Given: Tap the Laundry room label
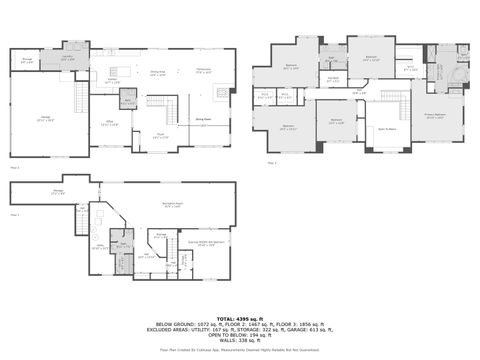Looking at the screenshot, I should click(67, 59).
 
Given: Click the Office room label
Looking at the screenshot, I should click(112, 123).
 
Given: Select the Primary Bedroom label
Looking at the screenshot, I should click(434, 116).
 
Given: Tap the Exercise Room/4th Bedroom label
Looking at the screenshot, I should click(203, 242).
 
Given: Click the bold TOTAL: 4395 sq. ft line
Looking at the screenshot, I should click(239, 317).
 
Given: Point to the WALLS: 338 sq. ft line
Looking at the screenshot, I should click(239, 341).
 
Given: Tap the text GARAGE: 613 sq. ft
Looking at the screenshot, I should click(319, 329).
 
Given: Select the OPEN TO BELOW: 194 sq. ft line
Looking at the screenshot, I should click(239, 335).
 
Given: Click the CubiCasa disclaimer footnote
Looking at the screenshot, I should click(239, 350).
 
